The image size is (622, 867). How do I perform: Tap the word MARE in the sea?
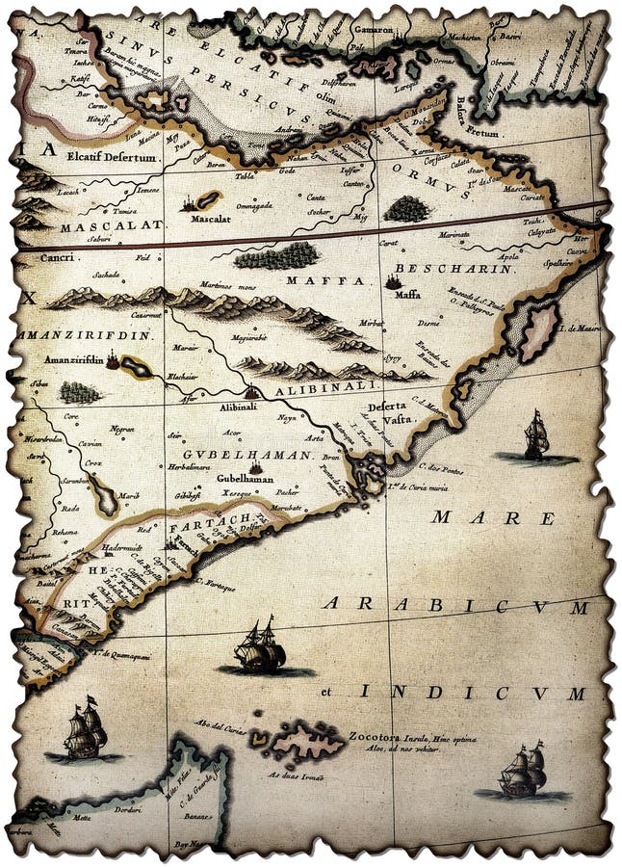tap(494, 517)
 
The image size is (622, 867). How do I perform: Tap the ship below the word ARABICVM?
tap(259, 647)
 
